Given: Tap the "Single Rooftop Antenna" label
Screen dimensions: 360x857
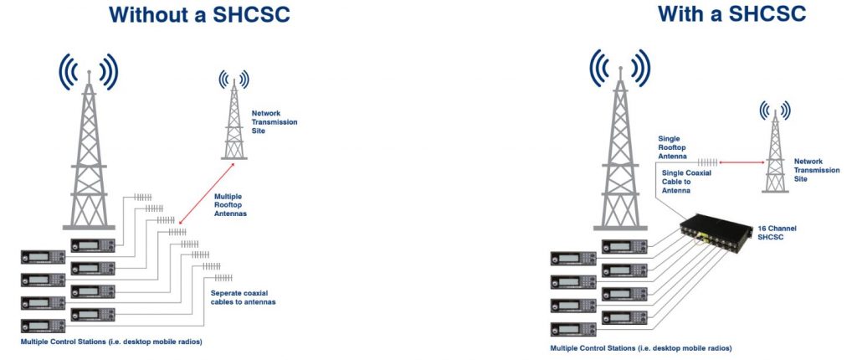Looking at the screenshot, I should (x=672, y=147).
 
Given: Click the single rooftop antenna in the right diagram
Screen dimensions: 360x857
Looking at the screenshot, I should (x=708, y=161).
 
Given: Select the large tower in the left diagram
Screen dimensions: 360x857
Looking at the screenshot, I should (x=88, y=155).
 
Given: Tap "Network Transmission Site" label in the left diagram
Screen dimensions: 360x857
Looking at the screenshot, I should (x=275, y=121).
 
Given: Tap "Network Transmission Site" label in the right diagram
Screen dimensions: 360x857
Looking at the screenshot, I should (x=816, y=170).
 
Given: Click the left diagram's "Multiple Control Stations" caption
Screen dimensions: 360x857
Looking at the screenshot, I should (x=111, y=342).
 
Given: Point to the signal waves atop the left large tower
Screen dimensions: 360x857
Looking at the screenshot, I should (x=88, y=69).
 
